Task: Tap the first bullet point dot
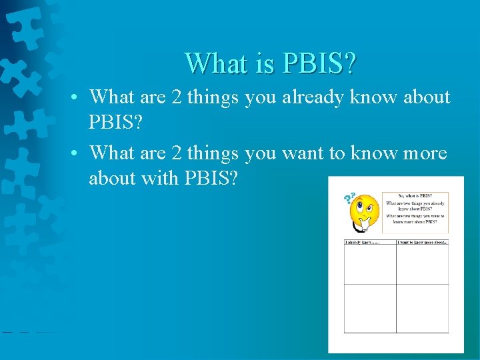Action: coord(78,98)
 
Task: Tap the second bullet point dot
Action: coord(78,154)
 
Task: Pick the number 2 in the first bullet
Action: coord(177,97)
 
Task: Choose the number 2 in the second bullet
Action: coord(177,153)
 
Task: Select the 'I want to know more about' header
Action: coord(422,242)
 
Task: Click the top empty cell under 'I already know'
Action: coord(369,264)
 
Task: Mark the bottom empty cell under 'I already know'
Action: coord(369,308)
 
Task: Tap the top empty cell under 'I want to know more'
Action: coord(422,264)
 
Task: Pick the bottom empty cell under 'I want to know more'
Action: coord(422,308)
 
